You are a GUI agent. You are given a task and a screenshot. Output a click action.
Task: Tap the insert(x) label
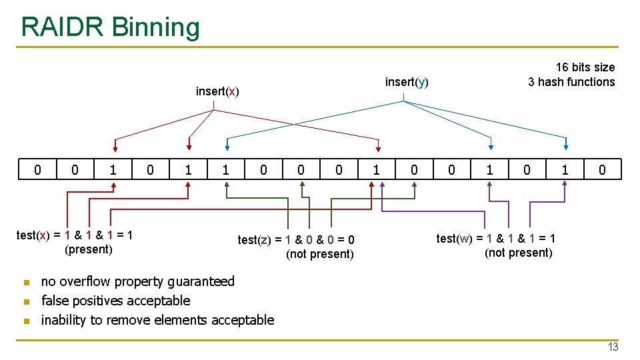(217, 91)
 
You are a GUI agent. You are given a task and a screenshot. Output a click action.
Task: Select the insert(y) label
(407, 82)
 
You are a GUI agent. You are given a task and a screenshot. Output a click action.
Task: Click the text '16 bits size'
(585, 67)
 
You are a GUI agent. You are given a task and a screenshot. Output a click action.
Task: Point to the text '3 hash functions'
(571, 82)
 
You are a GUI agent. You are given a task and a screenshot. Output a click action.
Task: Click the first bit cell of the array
(37, 170)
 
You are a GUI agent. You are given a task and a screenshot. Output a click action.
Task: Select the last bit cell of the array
(602, 170)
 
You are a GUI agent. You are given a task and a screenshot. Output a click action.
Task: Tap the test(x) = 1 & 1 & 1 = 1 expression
(75, 235)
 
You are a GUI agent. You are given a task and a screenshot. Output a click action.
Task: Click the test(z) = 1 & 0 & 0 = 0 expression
(296, 240)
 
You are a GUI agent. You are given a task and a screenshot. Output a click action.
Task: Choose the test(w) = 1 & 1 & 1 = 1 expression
(496, 238)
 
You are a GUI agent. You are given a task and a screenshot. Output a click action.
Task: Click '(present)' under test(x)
(88, 249)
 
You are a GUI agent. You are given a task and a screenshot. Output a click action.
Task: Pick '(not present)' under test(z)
(319, 254)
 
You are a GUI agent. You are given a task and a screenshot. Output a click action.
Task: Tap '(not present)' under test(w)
(518, 253)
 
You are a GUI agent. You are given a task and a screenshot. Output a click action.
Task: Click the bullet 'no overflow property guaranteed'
(138, 281)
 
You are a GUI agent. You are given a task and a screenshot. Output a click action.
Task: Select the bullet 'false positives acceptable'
(115, 301)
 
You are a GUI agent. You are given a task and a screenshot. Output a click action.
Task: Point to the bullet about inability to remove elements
(157, 320)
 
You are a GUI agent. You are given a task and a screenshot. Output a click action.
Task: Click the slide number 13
(613, 347)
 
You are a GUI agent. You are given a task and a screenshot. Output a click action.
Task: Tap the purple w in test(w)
(465, 238)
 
